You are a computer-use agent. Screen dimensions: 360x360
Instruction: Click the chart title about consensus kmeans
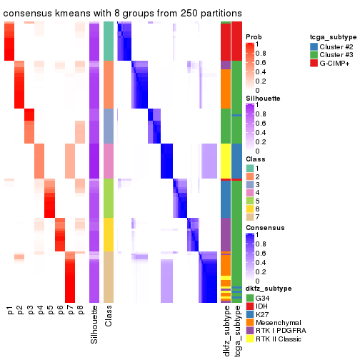pyautogui.click(x=123, y=14)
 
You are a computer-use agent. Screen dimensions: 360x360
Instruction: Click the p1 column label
pyautogui.click(x=9, y=311)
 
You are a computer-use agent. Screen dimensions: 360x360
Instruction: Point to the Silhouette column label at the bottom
pyautogui.click(x=94, y=325)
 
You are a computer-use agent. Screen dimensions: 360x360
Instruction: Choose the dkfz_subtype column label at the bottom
pyautogui.click(x=226, y=331)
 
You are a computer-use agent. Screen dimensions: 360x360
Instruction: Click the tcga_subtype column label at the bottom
pyautogui.click(x=236, y=330)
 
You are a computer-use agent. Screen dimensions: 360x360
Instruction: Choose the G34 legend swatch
pyautogui.click(x=249, y=297)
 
